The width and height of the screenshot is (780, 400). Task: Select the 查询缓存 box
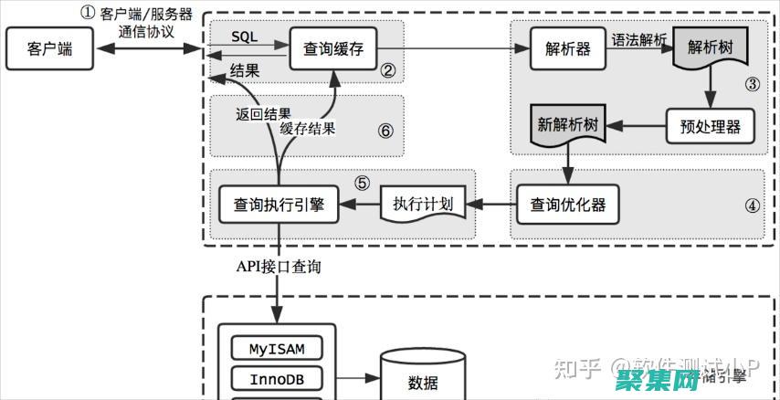pyautogui.click(x=333, y=49)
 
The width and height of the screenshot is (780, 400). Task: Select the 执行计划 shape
pyautogui.click(x=423, y=204)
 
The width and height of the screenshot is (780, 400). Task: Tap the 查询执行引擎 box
pyautogui.click(x=279, y=203)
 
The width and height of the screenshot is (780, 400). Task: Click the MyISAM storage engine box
pyautogui.click(x=277, y=348)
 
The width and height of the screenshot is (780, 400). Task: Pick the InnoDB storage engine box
pyautogui.click(x=277, y=378)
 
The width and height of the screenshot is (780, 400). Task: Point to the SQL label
pyautogui.click(x=244, y=36)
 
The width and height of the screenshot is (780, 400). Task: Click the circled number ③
pyautogui.click(x=752, y=85)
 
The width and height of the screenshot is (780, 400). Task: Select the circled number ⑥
pyautogui.click(x=385, y=131)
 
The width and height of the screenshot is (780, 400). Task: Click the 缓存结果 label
pyautogui.click(x=308, y=129)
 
